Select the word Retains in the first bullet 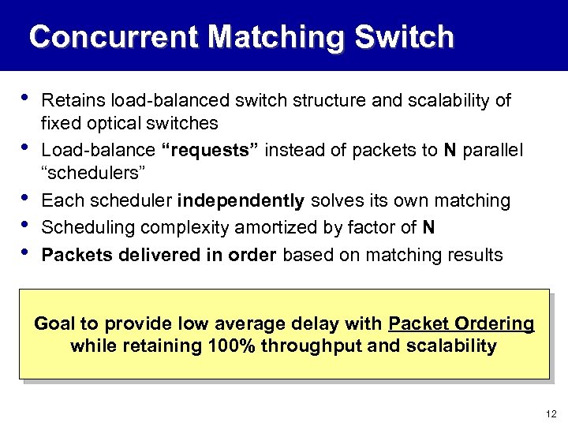coord(73,101)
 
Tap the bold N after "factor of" coord(428,228)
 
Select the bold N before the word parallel coord(450,150)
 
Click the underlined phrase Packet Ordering coord(461,324)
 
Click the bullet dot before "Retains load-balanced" coord(27,99)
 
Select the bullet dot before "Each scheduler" coord(27,198)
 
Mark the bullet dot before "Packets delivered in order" coord(27,252)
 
